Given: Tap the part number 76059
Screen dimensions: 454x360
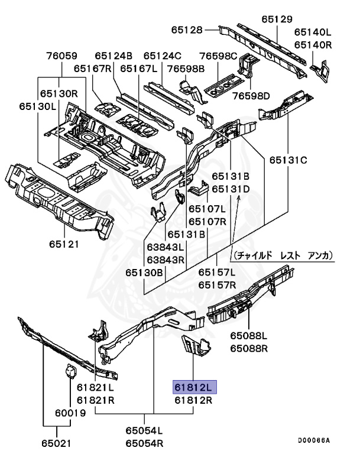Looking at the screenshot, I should click(61, 57).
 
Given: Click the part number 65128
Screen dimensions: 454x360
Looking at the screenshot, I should click(187, 30).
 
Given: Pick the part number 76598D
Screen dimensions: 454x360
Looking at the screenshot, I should click(250, 96).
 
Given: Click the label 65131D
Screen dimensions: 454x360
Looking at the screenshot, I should click(231, 189).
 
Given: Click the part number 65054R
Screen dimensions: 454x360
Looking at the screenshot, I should click(144, 442).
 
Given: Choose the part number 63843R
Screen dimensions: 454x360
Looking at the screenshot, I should click(166, 259).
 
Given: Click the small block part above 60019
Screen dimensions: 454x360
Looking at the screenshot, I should click(70, 373).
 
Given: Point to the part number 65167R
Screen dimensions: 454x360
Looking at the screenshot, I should click(93, 69).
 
